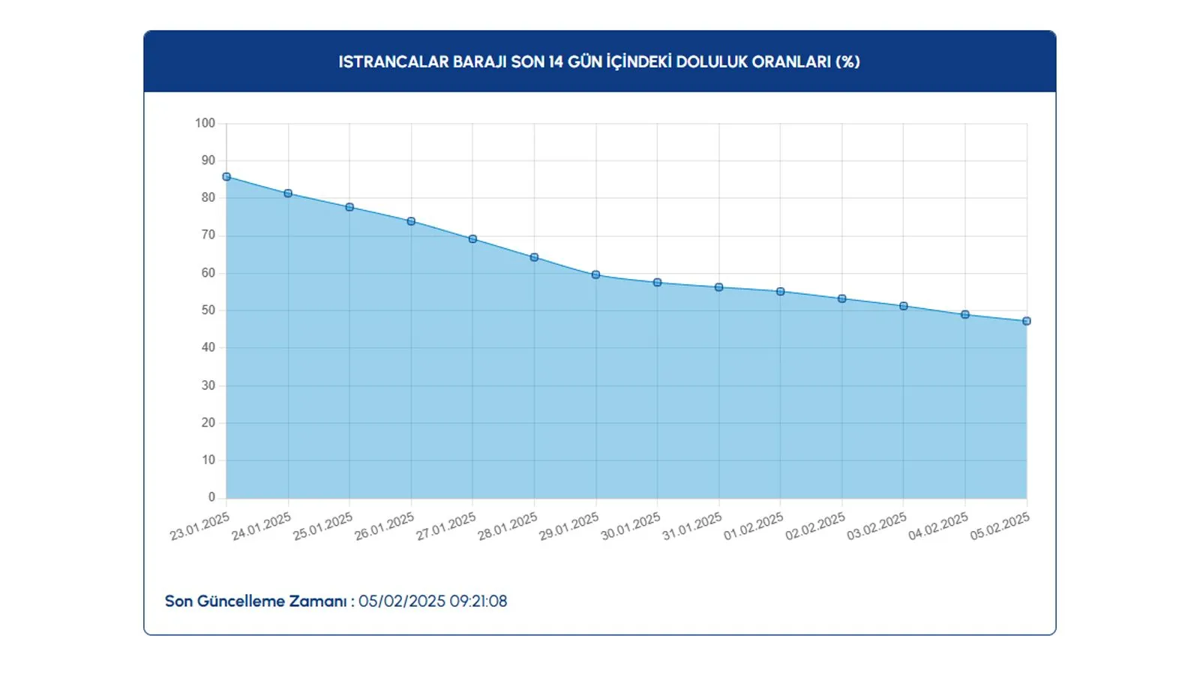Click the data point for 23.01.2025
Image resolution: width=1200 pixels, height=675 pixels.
(226, 177)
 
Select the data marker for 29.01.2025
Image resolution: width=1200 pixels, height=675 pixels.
(595, 274)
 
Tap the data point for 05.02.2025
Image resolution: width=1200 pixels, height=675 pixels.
(1027, 321)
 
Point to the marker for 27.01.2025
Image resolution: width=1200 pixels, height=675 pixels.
(472, 239)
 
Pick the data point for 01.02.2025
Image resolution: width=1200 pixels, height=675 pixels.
(781, 292)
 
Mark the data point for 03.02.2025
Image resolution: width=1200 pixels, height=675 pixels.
(904, 306)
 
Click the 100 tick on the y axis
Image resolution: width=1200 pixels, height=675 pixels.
(205, 123)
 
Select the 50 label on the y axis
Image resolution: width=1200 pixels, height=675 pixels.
(208, 310)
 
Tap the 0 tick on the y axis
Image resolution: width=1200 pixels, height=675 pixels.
(211, 497)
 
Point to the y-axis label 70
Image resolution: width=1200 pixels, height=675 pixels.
(208, 235)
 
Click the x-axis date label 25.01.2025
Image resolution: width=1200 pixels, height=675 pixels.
(323, 526)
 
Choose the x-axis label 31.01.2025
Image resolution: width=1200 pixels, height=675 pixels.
(692, 526)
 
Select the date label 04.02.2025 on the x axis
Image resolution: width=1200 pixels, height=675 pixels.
(938, 526)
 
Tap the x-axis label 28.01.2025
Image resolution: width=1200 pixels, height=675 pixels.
(508, 526)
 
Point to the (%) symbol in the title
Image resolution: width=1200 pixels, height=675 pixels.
(847, 61)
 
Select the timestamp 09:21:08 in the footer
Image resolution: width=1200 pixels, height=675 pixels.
(478, 601)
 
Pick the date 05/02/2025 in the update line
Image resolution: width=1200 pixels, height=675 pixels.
(402, 601)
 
